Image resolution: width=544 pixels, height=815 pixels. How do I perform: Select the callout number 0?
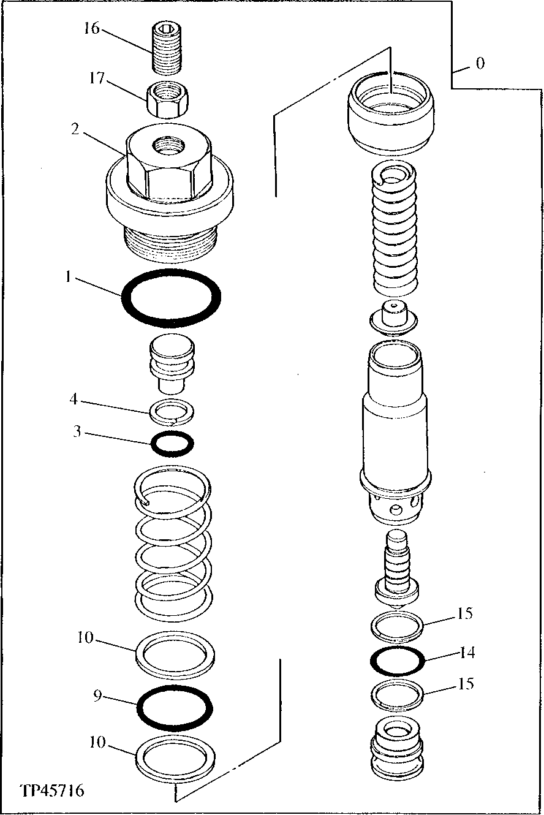click(480, 63)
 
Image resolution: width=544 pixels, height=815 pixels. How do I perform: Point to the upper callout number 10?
click(85, 638)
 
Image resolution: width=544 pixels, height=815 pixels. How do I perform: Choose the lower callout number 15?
click(466, 683)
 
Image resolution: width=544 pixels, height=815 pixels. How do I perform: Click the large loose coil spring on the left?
click(173, 539)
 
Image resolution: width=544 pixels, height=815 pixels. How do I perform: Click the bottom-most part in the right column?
click(397, 748)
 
